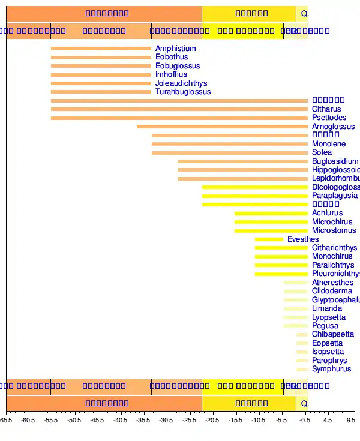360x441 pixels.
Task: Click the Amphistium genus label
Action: point(175,49)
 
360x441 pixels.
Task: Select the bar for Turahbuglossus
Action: point(101,92)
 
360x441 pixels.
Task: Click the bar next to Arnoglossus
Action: point(222,127)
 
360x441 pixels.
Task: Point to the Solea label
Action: point(322,152)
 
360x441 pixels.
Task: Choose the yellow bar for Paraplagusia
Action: point(255,196)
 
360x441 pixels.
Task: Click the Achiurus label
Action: point(327,213)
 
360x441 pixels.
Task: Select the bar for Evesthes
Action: point(269,239)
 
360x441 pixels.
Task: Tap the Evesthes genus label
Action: point(303,239)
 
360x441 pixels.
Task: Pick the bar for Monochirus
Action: point(281,256)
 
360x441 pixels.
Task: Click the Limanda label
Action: point(326,308)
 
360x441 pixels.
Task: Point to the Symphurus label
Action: point(331,369)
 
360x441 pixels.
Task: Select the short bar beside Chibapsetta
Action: point(302,334)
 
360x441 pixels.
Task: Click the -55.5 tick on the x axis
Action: point(51,421)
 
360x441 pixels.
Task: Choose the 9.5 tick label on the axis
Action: point(351,421)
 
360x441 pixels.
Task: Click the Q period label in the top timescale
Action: point(304,13)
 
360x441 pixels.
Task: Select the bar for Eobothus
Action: point(101,58)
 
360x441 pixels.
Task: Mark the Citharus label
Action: point(326,109)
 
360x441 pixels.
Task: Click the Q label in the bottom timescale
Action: point(304,403)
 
